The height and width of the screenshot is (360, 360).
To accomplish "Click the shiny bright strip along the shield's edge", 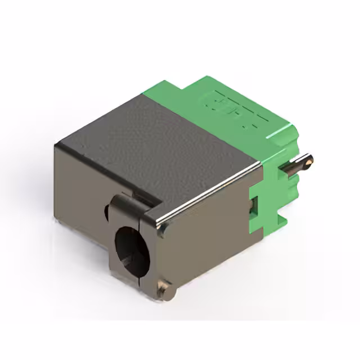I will (x=214, y=191).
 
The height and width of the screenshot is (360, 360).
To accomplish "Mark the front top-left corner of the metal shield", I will (x=57, y=145).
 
